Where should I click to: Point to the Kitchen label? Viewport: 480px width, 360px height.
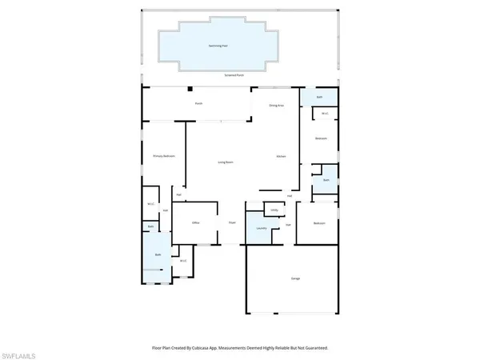282,155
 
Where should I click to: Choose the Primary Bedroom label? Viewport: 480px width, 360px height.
164,155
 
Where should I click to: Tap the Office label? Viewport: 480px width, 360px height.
195,222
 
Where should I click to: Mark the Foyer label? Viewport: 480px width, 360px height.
232,222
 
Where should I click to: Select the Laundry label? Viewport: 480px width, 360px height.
261,229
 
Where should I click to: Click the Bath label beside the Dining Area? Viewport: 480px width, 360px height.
319,98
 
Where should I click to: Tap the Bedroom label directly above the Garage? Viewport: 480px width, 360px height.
319,222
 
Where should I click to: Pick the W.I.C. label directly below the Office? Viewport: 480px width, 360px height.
183,261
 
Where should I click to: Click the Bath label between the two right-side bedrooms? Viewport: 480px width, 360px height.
326,181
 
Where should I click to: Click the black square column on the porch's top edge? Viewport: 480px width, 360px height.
191,90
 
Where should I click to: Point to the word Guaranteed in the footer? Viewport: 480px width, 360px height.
313,348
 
